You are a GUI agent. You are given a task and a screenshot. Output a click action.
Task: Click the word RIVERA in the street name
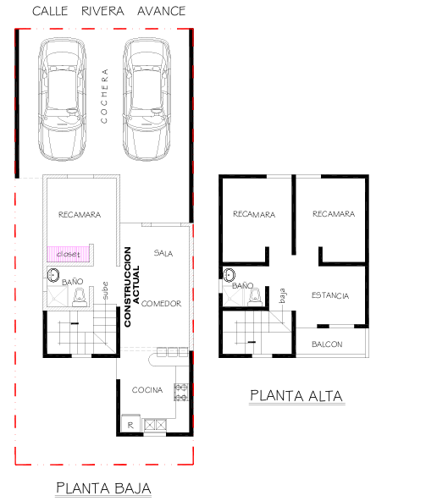click(x=102, y=11)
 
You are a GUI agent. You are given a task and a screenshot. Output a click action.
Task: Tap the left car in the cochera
click(x=63, y=99)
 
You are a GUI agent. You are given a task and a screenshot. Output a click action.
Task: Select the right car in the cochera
click(x=147, y=99)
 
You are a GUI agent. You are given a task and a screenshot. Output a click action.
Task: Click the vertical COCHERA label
click(x=104, y=96)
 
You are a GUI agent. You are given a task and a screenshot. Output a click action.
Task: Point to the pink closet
click(x=68, y=255)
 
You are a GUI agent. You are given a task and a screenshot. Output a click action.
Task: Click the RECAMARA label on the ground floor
click(x=80, y=214)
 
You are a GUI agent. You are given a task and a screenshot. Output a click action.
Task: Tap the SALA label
click(x=163, y=253)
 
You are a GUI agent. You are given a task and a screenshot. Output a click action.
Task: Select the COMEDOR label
click(x=161, y=303)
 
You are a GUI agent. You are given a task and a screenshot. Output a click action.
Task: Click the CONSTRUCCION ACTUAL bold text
click(x=132, y=287)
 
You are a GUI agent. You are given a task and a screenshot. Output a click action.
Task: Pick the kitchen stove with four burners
click(x=181, y=393)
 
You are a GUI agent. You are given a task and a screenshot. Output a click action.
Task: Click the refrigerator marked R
click(x=130, y=424)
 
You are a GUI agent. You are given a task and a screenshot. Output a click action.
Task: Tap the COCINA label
click(x=147, y=390)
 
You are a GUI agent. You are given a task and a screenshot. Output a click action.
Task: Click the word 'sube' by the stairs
click(x=105, y=290)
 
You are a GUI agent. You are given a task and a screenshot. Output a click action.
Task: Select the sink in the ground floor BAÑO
click(x=53, y=275)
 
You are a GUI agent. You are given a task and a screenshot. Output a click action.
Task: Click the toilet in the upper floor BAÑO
click(x=255, y=296)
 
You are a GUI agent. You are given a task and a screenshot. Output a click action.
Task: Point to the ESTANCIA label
click(x=330, y=295)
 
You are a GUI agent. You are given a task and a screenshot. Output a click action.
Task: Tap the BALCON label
click(x=327, y=344)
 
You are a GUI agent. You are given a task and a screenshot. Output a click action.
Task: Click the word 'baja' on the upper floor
click(x=282, y=295)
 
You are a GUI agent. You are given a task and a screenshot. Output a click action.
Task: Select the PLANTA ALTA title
click(x=296, y=396)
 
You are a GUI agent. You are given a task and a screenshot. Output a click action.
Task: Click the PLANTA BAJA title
click(x=103, y=488)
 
